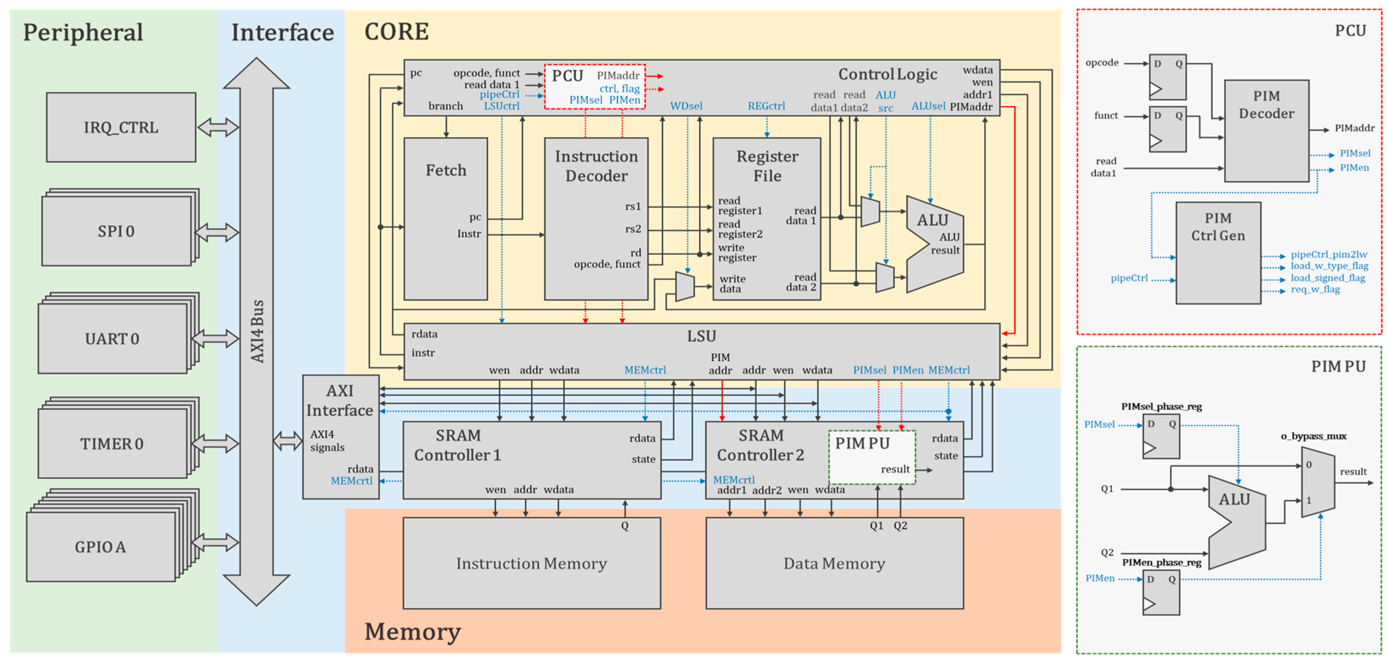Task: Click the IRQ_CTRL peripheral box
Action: (x=121, y=127)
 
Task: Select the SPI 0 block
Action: (x=116, y=231)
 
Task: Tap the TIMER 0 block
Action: (x=112, y=443)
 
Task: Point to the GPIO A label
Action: (x=100, y=547)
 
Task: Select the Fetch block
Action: (x=446, y=218)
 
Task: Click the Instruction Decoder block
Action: (x=596, y=218)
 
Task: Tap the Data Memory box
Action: (x=834, y=563)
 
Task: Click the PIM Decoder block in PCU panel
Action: (x=1266, y=130)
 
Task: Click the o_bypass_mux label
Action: (x=1313, y=436)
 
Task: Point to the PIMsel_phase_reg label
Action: (x=1161, y=406)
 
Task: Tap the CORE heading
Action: (x=397, y=32)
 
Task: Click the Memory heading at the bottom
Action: (x=413, y=631)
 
